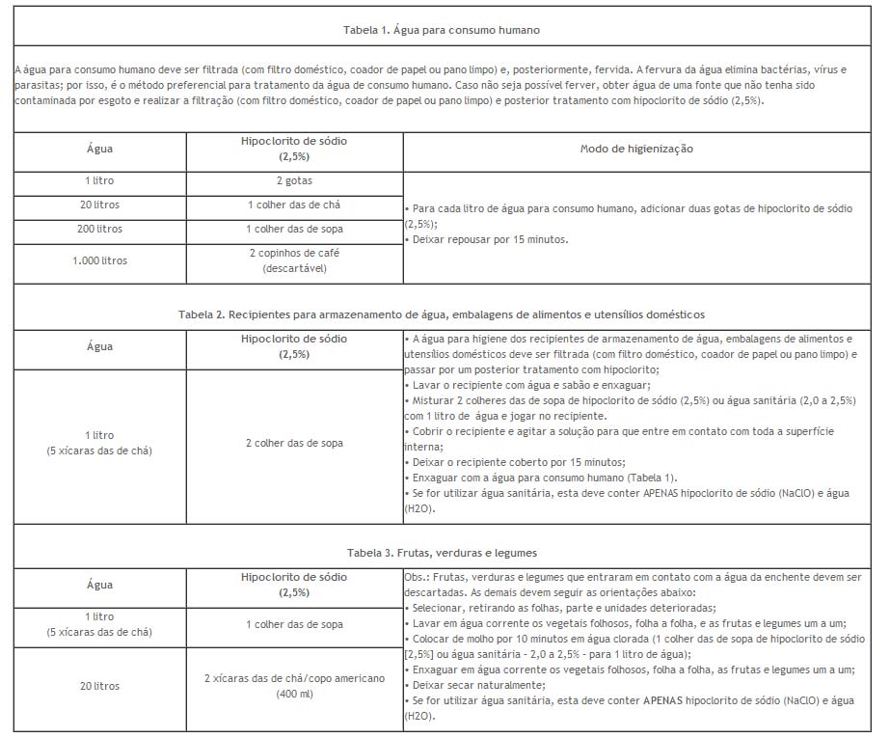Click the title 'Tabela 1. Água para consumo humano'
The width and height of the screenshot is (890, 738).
coord(442,30)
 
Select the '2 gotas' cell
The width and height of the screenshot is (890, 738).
coord(294,180)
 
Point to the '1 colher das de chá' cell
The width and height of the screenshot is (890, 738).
coord(294,205)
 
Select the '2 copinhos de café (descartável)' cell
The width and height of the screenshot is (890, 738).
coord(294,260)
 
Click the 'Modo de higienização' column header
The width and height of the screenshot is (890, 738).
coord(636,149)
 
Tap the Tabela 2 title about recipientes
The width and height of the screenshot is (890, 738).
coord(442,314)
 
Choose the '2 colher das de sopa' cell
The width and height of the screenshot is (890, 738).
coord(294,443)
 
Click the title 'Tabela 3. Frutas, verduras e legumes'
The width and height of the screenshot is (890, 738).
coord(442,553)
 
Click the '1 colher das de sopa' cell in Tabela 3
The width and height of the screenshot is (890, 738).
coord(294,624)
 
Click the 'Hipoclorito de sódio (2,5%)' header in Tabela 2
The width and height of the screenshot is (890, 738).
coord(294,346)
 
